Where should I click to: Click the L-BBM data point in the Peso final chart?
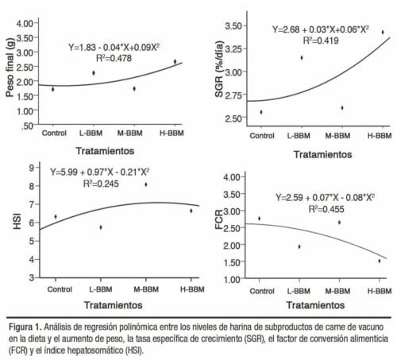[93, 73]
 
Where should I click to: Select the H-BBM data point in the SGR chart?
[382, 33]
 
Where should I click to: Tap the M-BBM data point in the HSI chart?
[145, 184]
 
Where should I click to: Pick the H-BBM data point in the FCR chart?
[380, 261]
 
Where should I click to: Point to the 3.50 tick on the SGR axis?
[236, 27]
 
